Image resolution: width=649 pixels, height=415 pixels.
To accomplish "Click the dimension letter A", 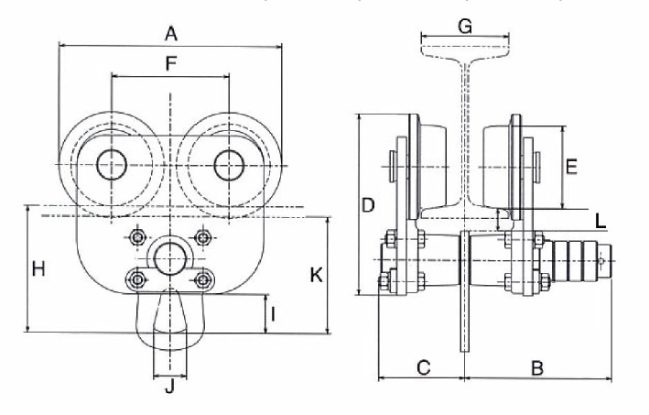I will point(169,35).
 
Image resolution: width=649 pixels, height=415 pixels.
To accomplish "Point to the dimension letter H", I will point(39,269).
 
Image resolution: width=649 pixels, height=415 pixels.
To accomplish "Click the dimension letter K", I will point(314,274).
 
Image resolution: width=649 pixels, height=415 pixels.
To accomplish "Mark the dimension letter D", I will point(368,205).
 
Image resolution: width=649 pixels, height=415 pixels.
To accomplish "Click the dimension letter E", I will point(571,167).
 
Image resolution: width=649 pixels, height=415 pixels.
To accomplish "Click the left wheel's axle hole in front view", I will point(112,164).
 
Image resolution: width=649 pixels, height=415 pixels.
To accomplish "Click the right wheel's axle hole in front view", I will point(229,164).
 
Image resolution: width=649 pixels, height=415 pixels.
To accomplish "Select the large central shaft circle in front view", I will point(169,257).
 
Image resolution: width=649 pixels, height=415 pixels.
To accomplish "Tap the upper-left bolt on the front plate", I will point(138,238).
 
